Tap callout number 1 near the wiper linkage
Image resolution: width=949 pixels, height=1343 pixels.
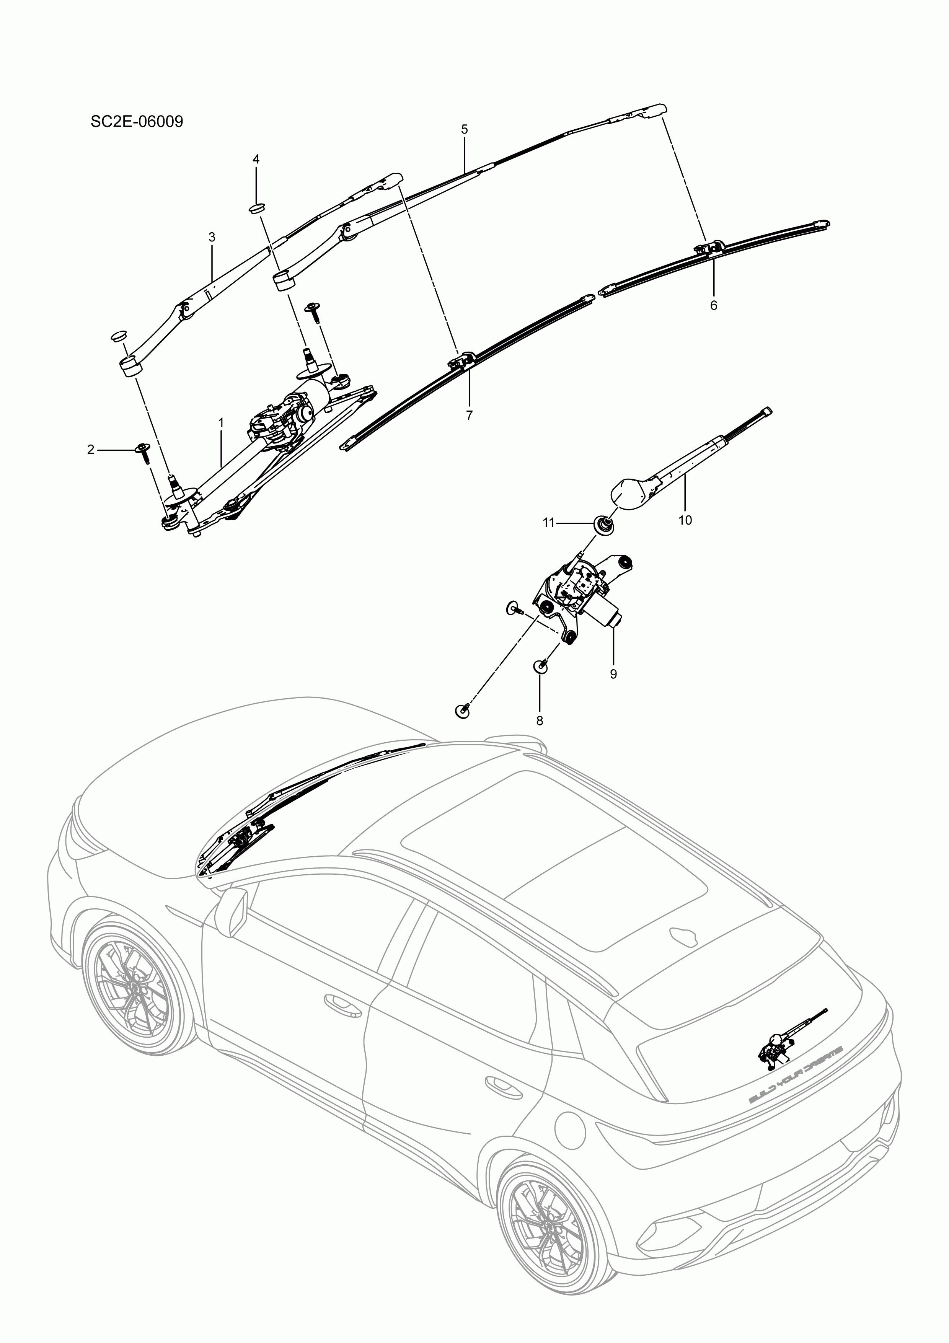pos(221,422)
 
